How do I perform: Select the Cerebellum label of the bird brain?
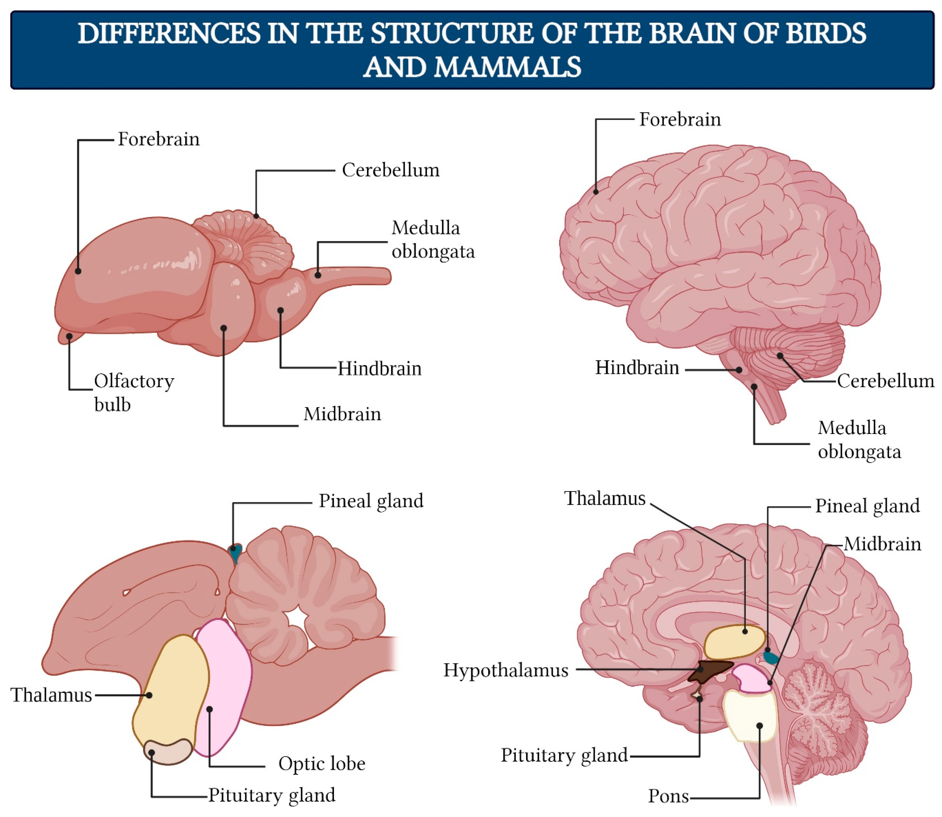390,170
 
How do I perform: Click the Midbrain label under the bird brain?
342,414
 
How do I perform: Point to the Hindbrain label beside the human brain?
637,368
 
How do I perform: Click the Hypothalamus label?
506,670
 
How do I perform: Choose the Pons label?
668,796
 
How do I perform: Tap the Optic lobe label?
322,764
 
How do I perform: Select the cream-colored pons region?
750,716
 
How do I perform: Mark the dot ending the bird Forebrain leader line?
78,271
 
